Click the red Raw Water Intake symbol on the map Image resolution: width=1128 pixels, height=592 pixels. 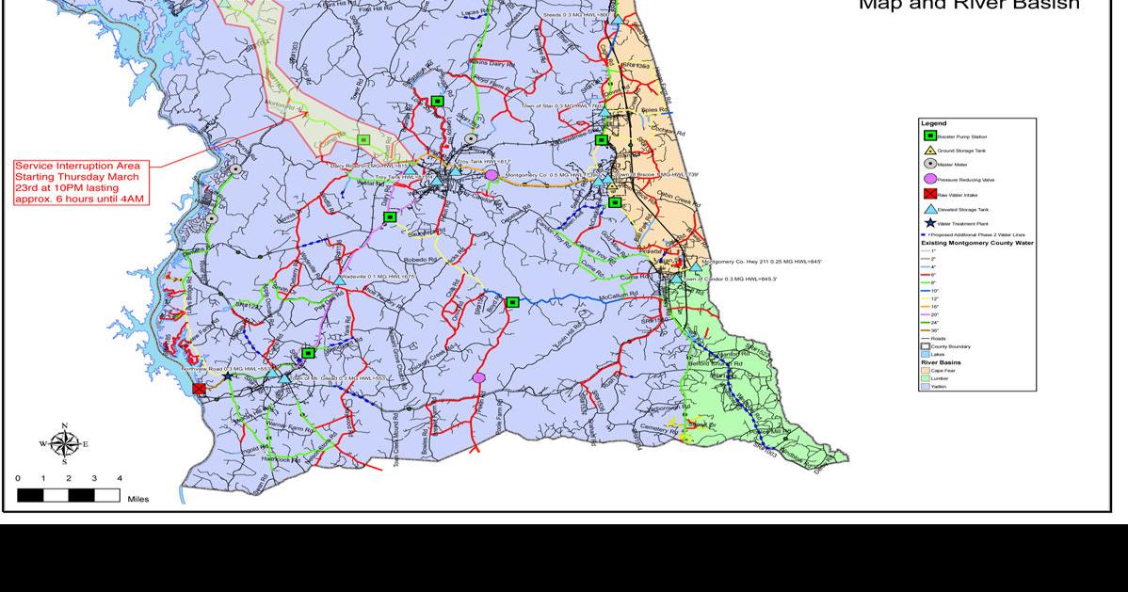199,388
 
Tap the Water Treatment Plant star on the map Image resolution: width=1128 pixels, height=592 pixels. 227,376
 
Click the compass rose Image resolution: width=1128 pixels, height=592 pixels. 64,444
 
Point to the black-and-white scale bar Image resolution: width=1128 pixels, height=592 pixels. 68,494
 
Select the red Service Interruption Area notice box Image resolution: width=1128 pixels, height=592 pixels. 81,183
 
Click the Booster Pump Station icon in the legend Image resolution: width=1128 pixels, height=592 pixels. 929,136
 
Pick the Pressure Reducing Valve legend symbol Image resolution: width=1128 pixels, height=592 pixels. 929,179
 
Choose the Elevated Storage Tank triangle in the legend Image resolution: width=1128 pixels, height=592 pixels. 929,208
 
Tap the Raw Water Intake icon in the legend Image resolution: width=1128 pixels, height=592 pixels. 929,194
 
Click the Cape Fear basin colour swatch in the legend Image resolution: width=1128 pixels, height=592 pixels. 925,370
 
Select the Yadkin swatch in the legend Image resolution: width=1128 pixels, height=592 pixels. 925,386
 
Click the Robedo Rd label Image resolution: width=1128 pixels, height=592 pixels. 422,259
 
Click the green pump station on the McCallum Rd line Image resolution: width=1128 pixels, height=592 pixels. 512,302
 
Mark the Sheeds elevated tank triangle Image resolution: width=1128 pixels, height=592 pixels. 617,16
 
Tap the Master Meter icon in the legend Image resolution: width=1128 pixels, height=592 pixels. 929,165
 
